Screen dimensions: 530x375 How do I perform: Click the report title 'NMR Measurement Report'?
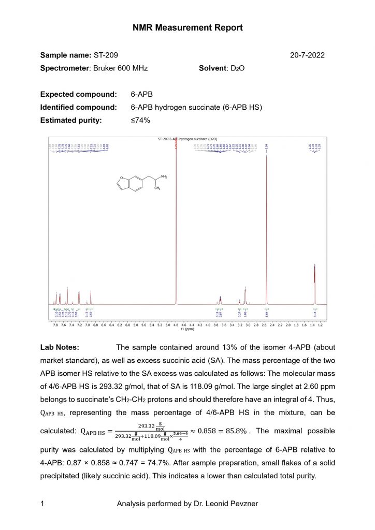[x=187, y=27]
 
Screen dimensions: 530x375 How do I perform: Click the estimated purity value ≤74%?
[x=140, y=120]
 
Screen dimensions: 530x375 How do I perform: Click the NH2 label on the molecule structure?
[x=164, y=177]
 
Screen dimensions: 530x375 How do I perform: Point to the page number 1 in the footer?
[x=42, y=503]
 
